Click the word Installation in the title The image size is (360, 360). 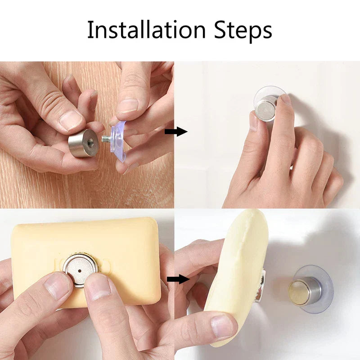point(146,30)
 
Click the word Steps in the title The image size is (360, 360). point(243,31)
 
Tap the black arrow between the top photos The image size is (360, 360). point(176,131)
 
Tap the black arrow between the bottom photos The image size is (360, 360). point(178,279)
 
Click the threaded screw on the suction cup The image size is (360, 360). point(106,139)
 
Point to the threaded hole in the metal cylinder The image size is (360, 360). point(90,141)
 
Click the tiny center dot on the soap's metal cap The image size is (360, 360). point(80,271)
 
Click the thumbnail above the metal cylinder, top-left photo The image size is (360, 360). point(71,120)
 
